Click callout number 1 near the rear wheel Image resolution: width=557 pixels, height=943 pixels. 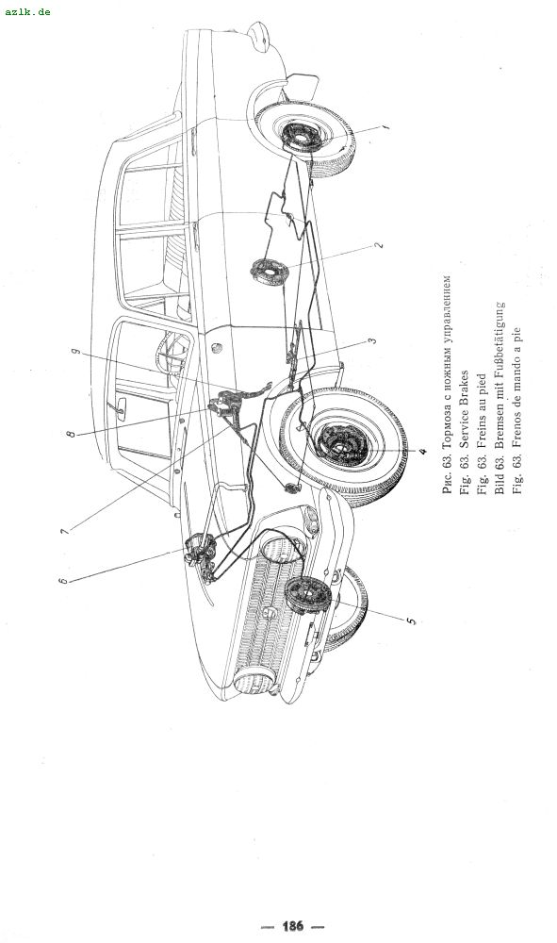point(385,126)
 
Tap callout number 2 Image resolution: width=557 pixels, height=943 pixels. point(379,245)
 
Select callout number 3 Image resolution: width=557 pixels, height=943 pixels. point(372,340)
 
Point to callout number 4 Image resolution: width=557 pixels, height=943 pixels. point(423,451)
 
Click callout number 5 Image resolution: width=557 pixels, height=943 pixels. point(412,620)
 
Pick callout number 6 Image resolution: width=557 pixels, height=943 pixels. point(63,580)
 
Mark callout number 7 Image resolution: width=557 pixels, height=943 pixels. point(64,530)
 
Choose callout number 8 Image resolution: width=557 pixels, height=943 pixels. point(72,433)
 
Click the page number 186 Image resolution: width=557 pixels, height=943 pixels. point(292,926)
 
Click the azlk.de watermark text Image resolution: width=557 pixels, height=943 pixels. point(27,11)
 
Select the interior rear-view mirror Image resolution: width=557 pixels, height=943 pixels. point(120,407)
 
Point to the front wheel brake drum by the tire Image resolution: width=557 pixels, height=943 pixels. point(340,444)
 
